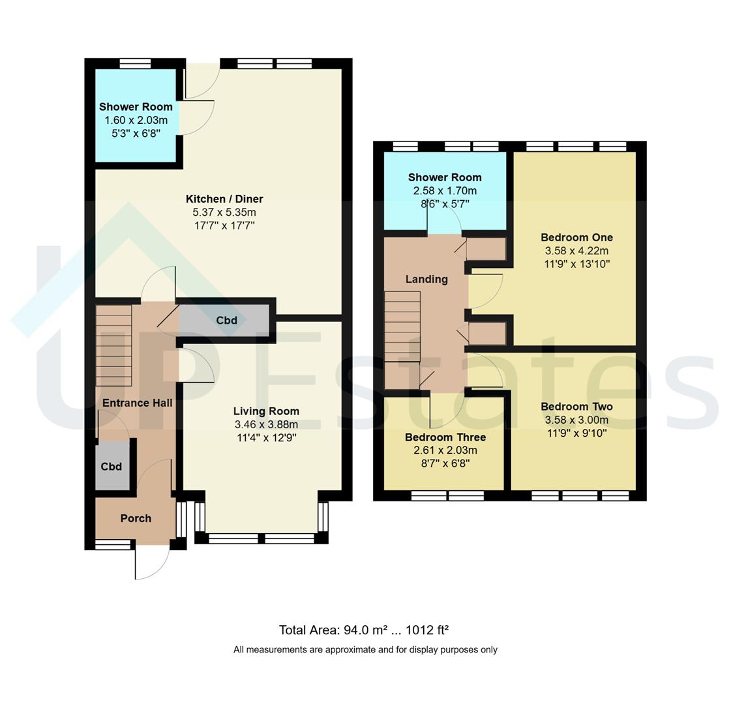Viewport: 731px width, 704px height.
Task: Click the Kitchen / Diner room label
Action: pos(224,199)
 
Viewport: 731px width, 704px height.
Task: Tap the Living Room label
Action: pos(266,411)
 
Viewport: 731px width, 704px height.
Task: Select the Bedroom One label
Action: pos(576,237)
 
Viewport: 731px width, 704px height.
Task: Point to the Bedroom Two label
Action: pos(576,406)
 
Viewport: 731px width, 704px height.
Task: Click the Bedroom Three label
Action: pos(445,437)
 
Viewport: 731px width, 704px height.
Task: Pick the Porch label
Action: pos(136,518)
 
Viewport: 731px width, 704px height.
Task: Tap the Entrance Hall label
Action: pos(138,403)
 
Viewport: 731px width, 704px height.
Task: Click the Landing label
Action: pos(426,279)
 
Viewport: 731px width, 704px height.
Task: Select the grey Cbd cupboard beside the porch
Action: pos(112,466)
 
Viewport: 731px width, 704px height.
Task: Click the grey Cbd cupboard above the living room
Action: pos(225,320)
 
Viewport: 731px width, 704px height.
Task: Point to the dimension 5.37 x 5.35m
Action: pos(224,213)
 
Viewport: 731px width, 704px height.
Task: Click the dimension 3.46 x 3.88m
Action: pos(266,424)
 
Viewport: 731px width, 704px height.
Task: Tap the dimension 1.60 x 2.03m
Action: pos(136,120)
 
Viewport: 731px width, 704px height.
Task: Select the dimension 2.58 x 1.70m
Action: pos(445,190)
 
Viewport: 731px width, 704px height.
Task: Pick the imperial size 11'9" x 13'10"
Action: pos(576,264)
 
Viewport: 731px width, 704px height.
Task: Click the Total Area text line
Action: pos(364,630)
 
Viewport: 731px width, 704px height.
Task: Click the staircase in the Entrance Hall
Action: pos(113,345)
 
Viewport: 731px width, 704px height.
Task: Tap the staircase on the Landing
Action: pos(402,327)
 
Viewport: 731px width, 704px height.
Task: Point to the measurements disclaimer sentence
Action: pos(365,649)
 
